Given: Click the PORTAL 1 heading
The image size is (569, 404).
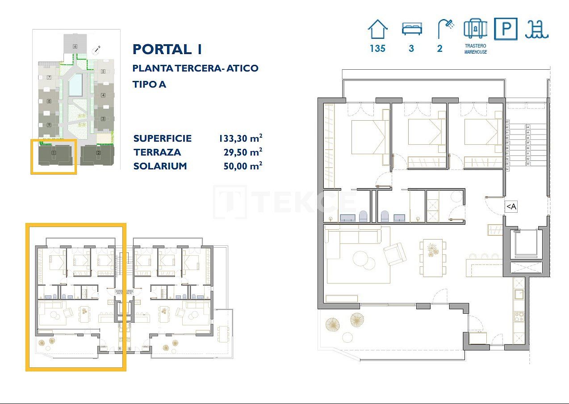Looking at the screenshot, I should pyautogui.click(x=167, y=49).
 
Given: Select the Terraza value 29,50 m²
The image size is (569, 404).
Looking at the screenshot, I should pyautogui.click(x=243, y=152).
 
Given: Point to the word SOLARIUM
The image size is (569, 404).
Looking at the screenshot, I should pyautogui.click(x=160, y=166).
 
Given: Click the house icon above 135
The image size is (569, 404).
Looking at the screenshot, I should pyautogui.click(x=377, y=29).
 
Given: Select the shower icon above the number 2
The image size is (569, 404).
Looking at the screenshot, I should pyautogui.click(x=445, y=29).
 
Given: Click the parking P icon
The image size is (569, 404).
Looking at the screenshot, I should pyautogui.click(x=506, y=29).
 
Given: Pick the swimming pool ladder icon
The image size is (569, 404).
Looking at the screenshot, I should pyautogui.click(x=537, y=29).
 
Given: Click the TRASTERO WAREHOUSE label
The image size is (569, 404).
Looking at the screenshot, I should pyautogui.click(x=475, y=49).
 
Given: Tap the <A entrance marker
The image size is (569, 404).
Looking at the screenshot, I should pyautogui.click(x=511, y=206).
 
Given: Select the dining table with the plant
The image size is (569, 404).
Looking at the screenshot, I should pyautogui.click(x=432, y=257).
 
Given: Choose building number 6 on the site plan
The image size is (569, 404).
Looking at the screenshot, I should pyautogui.click(x=75, y=46).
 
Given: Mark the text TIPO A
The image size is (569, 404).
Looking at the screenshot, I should pyautogui.click(x=149, y=84).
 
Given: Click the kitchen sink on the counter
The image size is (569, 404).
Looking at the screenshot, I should pyautogui.click(x=519, y=294).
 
